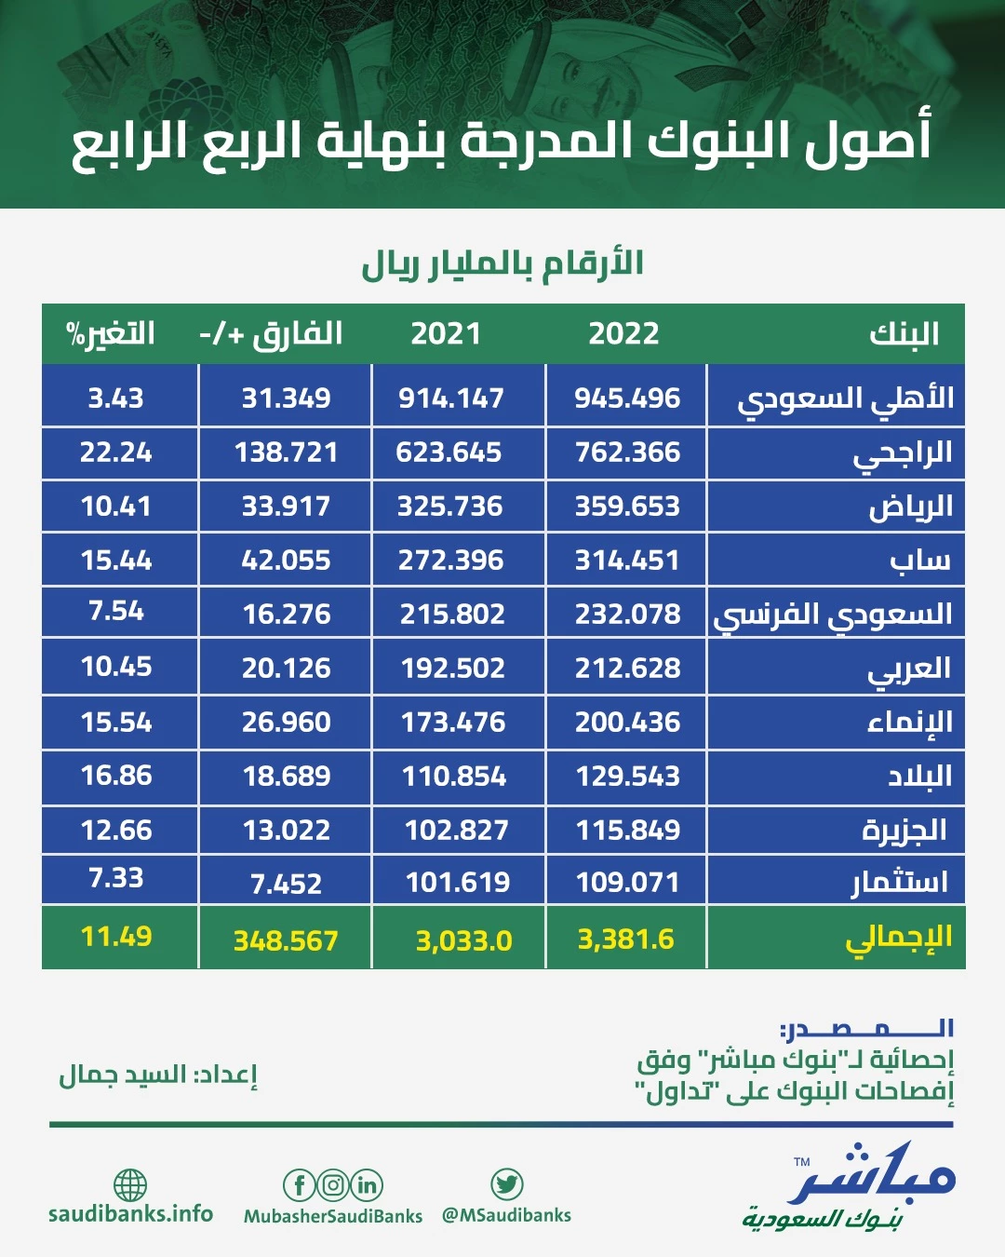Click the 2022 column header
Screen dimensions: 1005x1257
623,333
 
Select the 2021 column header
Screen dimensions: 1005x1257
446,333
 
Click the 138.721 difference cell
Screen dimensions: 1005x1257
286,453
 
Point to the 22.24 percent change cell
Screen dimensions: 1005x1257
116,453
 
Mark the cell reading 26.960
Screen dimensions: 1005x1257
286,723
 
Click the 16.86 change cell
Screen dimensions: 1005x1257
116,776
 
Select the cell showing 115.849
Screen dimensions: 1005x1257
628,830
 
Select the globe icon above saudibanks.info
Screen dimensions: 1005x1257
130,1185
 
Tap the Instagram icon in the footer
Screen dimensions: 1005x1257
333,1185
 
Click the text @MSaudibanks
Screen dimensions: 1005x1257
506,1215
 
